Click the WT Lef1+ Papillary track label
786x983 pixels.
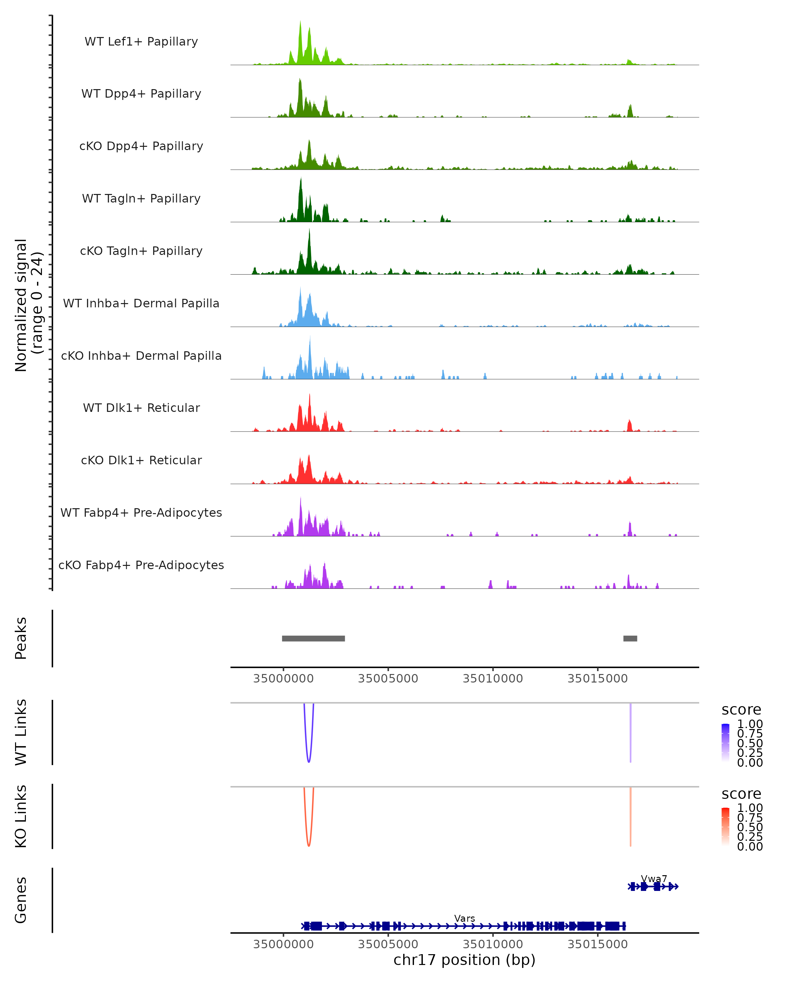[x=141, y=42]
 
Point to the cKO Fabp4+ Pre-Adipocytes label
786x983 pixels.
[x=141, y=565]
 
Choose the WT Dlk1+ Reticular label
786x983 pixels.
[x=141, y=408]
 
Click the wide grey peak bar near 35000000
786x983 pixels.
[x=313, y=638]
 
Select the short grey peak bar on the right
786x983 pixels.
[x=630, y=638]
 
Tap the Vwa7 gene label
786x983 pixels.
[x=654, y=878]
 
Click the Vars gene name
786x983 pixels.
[x=465, y=918]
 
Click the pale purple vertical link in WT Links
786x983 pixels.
[x=631, y=734]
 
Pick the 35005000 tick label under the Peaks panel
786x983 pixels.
[x=388, y=679]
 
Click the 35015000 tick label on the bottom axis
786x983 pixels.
[x=597, y=944]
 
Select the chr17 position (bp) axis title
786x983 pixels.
[x=464, y=960]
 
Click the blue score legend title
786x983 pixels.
[x=741, y=710]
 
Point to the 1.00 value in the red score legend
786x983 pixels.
[x=750, y=808]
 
